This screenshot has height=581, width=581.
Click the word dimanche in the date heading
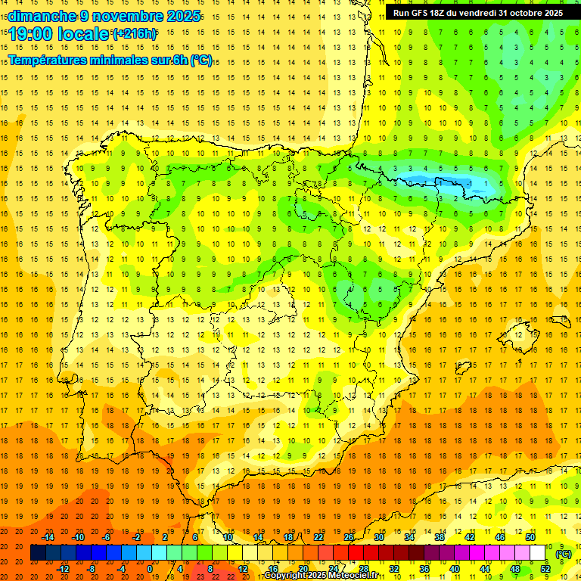point(42,16)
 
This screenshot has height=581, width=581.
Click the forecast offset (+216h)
point(134,34)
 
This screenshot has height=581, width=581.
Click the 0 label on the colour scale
point(150,569)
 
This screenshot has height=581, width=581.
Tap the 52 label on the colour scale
point(545,569)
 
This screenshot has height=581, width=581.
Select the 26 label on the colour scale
point(349,537)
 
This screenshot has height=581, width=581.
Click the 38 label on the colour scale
point(440,537)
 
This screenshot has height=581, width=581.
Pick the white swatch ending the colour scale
point(538,553)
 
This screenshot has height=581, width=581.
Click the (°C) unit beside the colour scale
point(564,554)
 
